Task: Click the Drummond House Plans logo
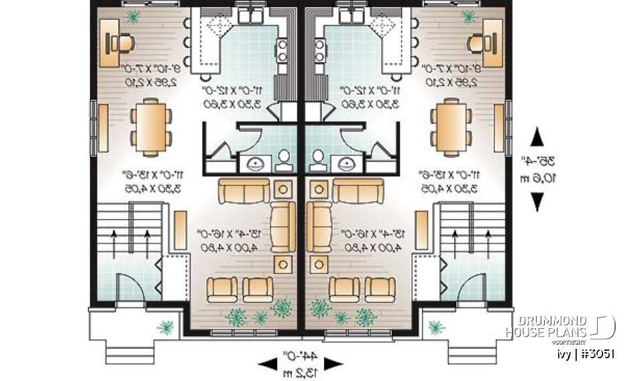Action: tap(559, 327)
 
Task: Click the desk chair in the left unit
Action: tap(122, 43)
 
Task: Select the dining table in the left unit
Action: tap(150, 127)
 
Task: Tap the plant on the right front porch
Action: tap(437, 327)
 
